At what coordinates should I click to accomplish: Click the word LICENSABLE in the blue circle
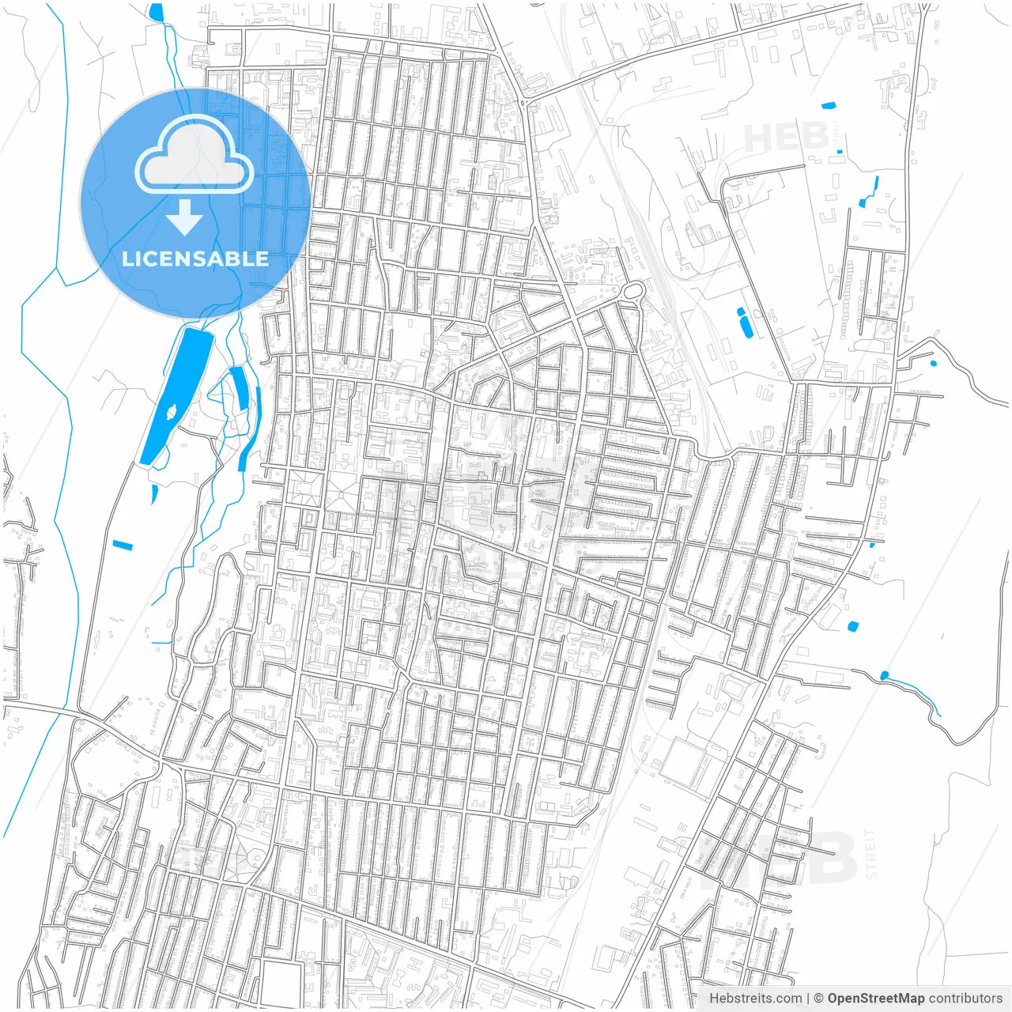pyautogui.click(x=195, y=259)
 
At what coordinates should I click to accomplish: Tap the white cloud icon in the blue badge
pyautogui.click(x=194, y=156)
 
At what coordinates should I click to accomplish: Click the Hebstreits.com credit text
pyautogui.click(x=755, y=999)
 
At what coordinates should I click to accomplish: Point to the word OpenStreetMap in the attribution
pyautogui.click(x=876, y=999)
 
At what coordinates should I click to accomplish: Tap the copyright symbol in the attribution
pyautogui.click(x=818, y=999)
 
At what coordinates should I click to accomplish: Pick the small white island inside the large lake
pyautogui.click(x=171, y=410)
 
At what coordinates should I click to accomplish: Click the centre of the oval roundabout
pyautogui.click(x=632, y=292)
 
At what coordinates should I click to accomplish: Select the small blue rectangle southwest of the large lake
pyautogui.click(x=123, y=546)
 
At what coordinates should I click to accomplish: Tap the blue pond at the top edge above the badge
pyautogui.click(x=156, y=11)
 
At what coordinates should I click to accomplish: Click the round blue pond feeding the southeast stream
pyautogui.click(x=884, y=675)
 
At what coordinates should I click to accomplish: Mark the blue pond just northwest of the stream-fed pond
pyautogui.click(x=852, y=626)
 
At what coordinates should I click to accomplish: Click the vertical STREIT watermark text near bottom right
pyautogui.click(x=871, y=854)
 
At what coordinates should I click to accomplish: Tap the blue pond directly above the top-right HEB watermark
pyautogui.click(x=828, y=105)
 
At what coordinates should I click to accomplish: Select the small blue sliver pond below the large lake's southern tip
pyautogui.click(x=153, y=494)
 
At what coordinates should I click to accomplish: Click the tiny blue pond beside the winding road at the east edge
pyautogui.click(x=933, y=364)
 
